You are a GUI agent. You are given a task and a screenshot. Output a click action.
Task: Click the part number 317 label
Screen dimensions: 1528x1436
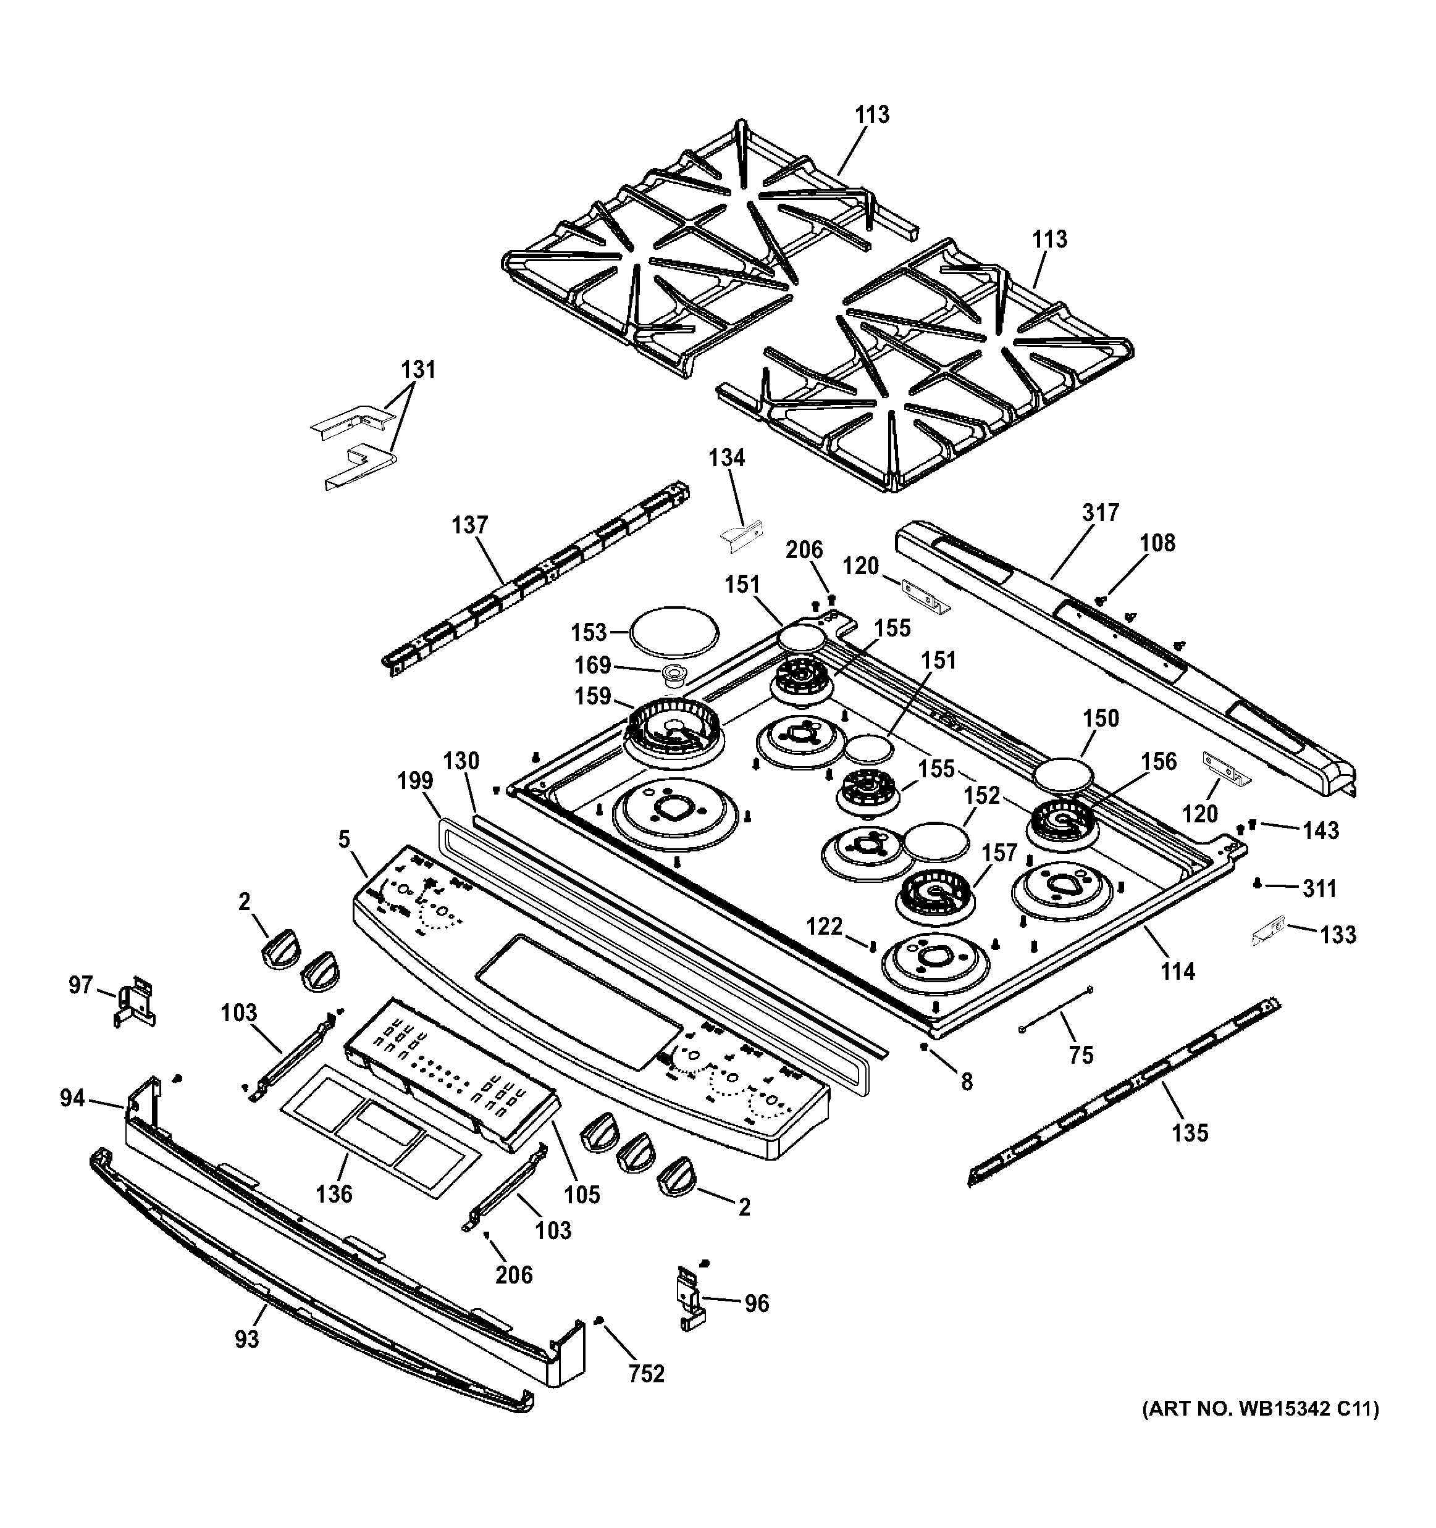tap(1101, 512)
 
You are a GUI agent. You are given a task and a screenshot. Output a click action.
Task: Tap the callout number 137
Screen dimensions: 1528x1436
tap(469, 526)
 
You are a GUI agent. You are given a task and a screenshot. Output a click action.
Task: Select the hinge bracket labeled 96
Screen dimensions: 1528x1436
tap(689, 1299)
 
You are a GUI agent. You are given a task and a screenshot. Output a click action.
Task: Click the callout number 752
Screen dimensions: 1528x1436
tap(646, 1374)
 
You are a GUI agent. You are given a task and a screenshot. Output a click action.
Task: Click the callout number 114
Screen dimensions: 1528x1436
tap(1178, 972)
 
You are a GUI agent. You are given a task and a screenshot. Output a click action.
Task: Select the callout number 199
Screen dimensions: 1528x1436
tap(415, 782)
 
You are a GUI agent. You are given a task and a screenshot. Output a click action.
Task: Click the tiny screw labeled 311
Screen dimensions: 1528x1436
tap(1257, 884)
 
